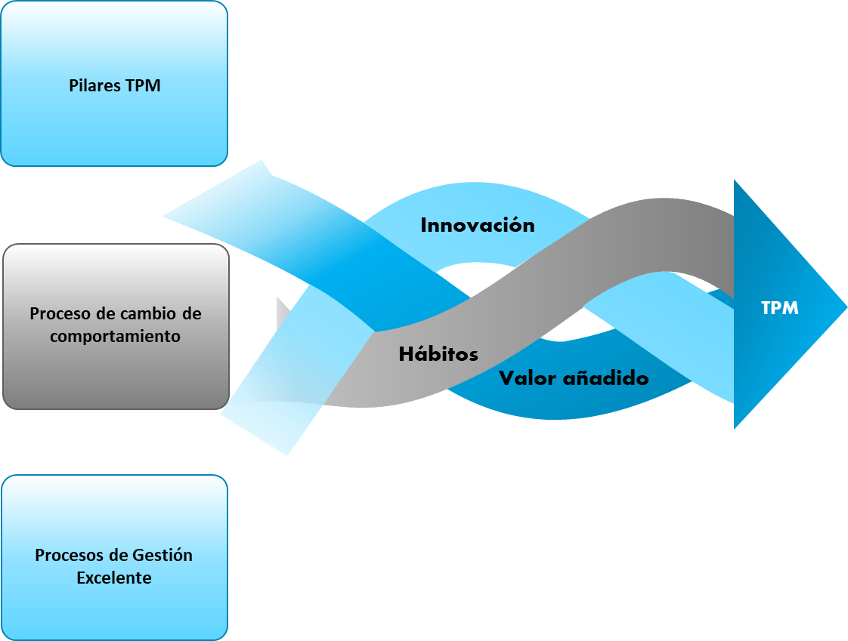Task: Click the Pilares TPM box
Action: pos(114,83)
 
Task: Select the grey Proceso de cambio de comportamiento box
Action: pos(116,326)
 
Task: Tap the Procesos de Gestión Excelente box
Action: pos(114,558)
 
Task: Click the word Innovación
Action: pos(478,225)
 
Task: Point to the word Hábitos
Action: pos(438,353)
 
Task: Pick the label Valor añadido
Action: pos(574,378)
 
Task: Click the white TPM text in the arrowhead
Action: pos(780,308)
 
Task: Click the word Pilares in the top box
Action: pos(95,85)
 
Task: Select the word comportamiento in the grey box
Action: pos(115,336)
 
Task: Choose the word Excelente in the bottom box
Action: pos(114,578)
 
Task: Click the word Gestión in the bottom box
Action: pos(162,555)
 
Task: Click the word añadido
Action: pos(606,378)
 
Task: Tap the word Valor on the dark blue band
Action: pos(528,378)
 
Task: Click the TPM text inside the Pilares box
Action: pos(144,85)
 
